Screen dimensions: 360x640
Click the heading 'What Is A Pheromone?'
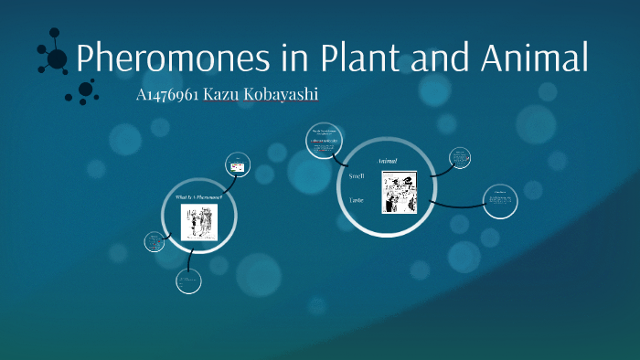click(x=198, y=197)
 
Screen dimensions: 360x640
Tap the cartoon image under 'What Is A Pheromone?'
click(x=198, y=222)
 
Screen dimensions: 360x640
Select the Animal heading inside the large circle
click(x=387, y=161)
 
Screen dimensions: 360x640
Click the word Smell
click(x=357, y=174)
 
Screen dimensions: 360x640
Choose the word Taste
click(x=357, y=198)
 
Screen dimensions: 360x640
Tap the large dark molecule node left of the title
click(x=57, y=59)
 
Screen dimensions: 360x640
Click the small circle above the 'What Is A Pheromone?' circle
click(x=239, y=165)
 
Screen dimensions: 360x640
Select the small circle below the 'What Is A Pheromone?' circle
click(x=188, y=281)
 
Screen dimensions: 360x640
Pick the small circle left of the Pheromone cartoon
click(x=153, y=242)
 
